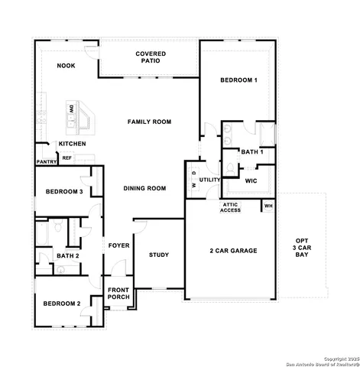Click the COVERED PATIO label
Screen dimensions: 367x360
point(151,57)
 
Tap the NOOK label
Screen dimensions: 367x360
point(66,67)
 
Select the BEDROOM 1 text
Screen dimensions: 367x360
point(238,80)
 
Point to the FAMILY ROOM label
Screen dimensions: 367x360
point(149,122)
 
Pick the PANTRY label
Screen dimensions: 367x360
point(46,162)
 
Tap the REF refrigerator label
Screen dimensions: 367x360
point(67,158)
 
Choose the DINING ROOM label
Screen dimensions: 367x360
point(145,188)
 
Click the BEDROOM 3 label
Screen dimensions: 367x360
point(63,191)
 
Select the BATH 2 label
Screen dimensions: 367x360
point(67,256)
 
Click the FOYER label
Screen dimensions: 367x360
point(118,245)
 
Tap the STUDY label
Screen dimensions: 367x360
point(159,255)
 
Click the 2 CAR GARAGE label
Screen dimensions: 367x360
point(233,251)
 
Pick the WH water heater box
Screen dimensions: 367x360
point(268,206)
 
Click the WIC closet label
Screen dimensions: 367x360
point(251,181)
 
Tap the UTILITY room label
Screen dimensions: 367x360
point(210,180)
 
